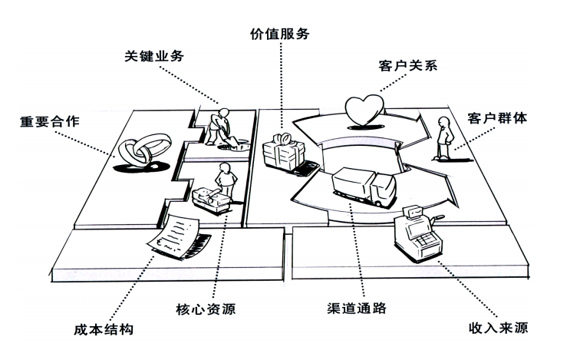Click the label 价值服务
279,34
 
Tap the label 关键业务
154,55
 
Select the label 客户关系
408,65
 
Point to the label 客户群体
497,118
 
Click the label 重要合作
49,121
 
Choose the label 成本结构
104,329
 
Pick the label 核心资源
206,309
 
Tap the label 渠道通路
356,308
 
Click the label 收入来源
498,328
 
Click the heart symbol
364,109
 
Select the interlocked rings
144,149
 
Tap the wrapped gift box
284,153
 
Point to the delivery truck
364,187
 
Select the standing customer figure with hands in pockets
444,138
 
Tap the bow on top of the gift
283,138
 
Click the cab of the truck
384,189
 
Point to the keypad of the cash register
424,240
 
